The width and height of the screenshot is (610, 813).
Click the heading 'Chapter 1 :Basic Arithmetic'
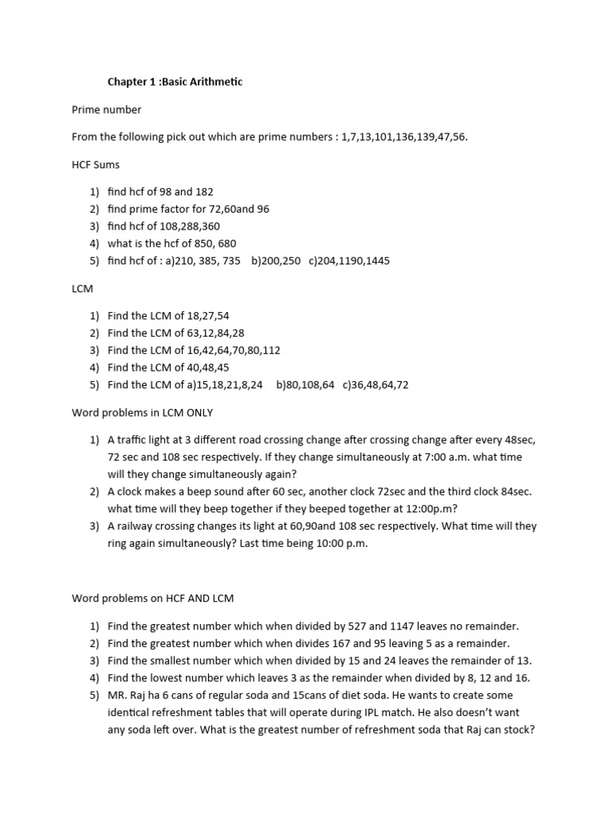point(176,82)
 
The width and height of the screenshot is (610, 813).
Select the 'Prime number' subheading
point(106,110)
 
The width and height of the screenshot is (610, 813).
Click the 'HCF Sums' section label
point(96,164)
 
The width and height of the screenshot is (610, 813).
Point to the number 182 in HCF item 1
point(203,192)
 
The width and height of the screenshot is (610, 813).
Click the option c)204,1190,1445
point(349,260)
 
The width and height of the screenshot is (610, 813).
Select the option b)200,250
point(276,260)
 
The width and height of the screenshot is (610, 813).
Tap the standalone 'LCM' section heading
point(83,288)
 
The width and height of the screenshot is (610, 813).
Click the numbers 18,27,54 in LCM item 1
point(207,316)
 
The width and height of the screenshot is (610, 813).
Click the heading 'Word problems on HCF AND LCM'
point(153,598)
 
